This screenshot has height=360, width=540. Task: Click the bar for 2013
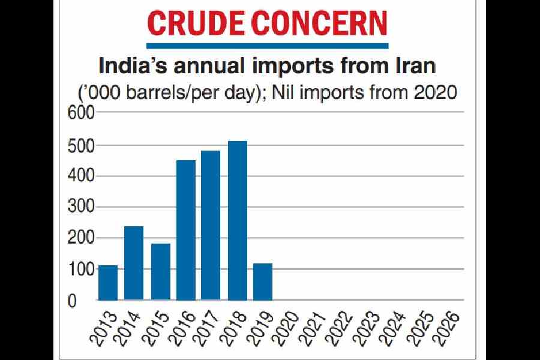coord(108,283)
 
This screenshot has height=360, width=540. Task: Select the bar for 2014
coord(134,263)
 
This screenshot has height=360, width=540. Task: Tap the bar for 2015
coord(160,272)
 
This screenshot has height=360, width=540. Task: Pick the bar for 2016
coord(186,230)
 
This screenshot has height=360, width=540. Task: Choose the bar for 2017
coord(211,225)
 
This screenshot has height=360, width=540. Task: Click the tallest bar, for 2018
coord(238,220)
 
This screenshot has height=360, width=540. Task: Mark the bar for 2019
coord(263,281)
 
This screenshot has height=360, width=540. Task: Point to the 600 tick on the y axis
coord(82,113)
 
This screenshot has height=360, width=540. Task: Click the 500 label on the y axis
coord(82,145)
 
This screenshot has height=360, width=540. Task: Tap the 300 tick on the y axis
coord(82,207)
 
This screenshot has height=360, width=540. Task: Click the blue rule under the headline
coord(268,45)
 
